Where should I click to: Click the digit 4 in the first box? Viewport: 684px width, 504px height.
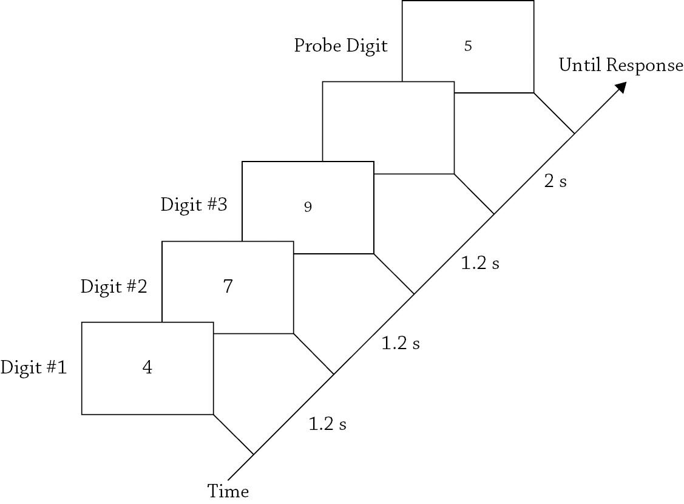tap(147, 368)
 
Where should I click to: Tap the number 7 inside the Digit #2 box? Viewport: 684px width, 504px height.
tap(228, 287)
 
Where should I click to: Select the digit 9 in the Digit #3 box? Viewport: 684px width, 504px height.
tap(308, 207)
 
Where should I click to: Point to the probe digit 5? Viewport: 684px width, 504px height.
tap(467, 46)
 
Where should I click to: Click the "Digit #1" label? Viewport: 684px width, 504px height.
tap(33, 367)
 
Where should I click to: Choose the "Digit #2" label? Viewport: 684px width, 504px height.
tap(113, 286)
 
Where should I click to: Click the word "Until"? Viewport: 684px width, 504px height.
tap(577, 65)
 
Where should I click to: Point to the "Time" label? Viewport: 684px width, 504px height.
tap(228, 491)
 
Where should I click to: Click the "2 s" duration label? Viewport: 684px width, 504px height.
tap(555, 181)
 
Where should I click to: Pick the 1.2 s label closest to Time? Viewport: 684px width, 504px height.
tap(327, 424)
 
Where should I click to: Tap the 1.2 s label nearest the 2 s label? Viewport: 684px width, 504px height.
tap(480, 264)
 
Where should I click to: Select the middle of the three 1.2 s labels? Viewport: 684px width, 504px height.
tap(400, 343)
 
